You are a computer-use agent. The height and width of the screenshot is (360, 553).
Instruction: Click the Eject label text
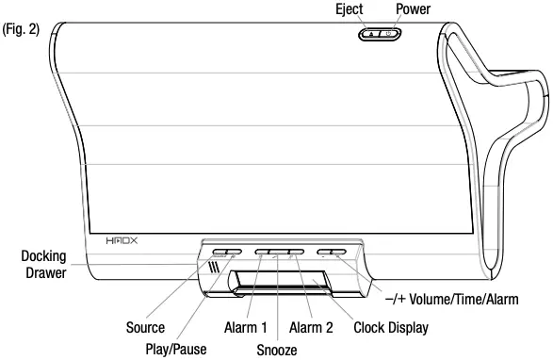[350, 9]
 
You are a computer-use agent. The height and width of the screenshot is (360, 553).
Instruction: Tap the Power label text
[413, 9]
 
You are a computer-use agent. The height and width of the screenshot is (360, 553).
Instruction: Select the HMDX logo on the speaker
[121, 242]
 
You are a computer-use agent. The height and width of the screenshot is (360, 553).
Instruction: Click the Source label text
[145, 328]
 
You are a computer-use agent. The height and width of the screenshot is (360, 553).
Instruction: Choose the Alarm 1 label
[247, 328]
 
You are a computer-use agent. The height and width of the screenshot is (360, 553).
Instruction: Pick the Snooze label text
[277, 350]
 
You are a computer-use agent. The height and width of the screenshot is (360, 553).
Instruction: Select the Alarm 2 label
[310, 328]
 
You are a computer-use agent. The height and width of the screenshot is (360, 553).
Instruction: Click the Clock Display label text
[390, 328]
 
